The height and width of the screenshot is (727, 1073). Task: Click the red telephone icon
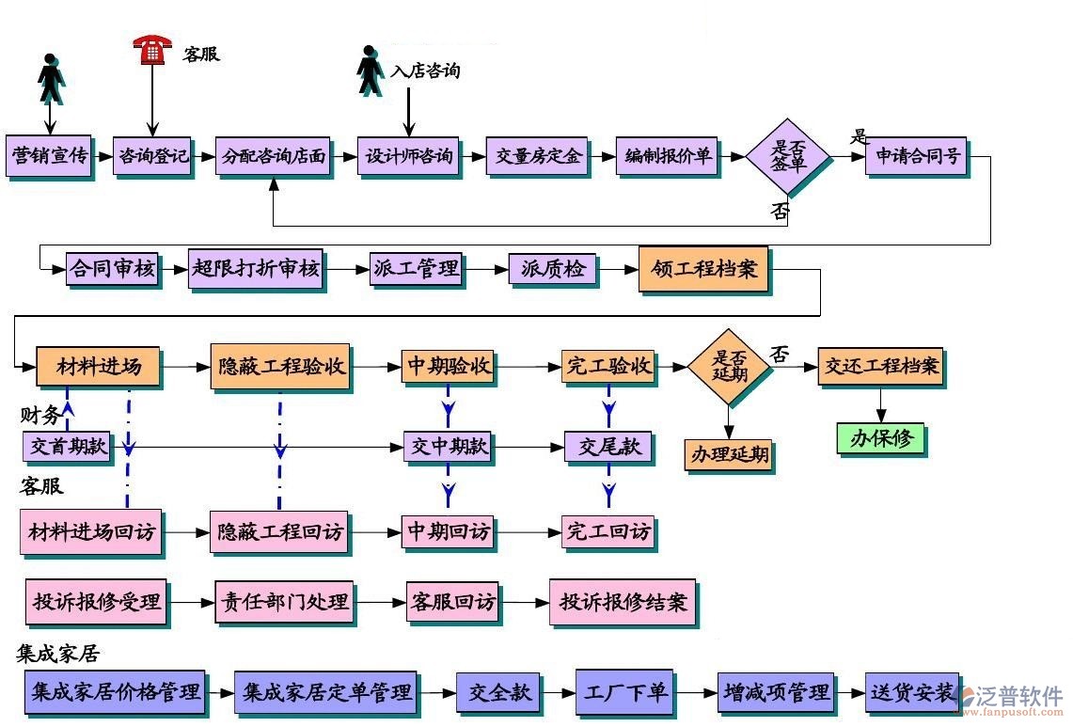pyautogui.click(x=151, y=49)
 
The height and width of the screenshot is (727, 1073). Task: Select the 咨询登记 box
pyautogui.click(x=152, y=156)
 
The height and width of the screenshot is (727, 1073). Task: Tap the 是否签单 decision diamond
pyautogui.click(x=788, y=157)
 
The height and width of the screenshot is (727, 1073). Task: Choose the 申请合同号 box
pyautogui.click(x=917, y=156)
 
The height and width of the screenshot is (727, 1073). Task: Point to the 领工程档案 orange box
pyautogui.click(x=703, y=269)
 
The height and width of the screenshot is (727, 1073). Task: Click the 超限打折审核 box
pyautogui.click(x=256, y=270)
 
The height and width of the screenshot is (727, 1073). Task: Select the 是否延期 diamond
pyautogui.click(x=729, y=367)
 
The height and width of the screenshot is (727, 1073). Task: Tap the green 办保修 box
pyautogui.click(x=880, y=438)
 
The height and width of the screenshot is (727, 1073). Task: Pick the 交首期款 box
pyautogui.click(x=67, y=447)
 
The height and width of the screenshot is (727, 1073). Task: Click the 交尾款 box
pyautogui.click(x=608, y=447)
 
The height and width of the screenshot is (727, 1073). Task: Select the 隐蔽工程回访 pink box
pyautogui.click(x=278, y=532)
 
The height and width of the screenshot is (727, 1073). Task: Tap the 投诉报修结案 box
pyautogui.click(x=623, y=602)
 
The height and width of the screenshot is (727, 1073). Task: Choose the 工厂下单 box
pyautogui.click(x=624, y=693)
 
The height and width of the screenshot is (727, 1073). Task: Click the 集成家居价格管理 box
pyautogui.click(x=117, y=693)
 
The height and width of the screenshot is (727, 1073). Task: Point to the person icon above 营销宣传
pyautogui.click(x=51, y=79)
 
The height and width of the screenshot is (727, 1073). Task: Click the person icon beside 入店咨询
pyautogui.click(x=371, y=71)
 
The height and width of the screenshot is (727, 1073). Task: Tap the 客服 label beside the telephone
pyautogui.click(x=200, y=54)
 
